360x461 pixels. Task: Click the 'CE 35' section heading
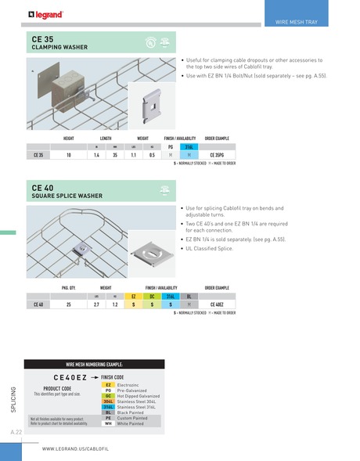click(43, 38)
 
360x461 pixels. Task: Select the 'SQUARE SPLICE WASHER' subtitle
click(67, 196)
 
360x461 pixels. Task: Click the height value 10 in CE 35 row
click(69, 155)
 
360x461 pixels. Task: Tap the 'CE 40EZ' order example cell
click(220, 304)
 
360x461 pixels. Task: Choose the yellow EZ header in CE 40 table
click(134, 296)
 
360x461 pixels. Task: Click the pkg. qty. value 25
click(69, 304)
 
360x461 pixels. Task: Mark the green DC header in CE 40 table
click(151, 296)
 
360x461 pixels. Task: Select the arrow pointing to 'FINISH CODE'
click(95, 376)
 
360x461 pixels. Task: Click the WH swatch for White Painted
click(109, 423)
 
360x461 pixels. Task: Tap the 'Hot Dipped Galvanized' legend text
click(138, 396)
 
